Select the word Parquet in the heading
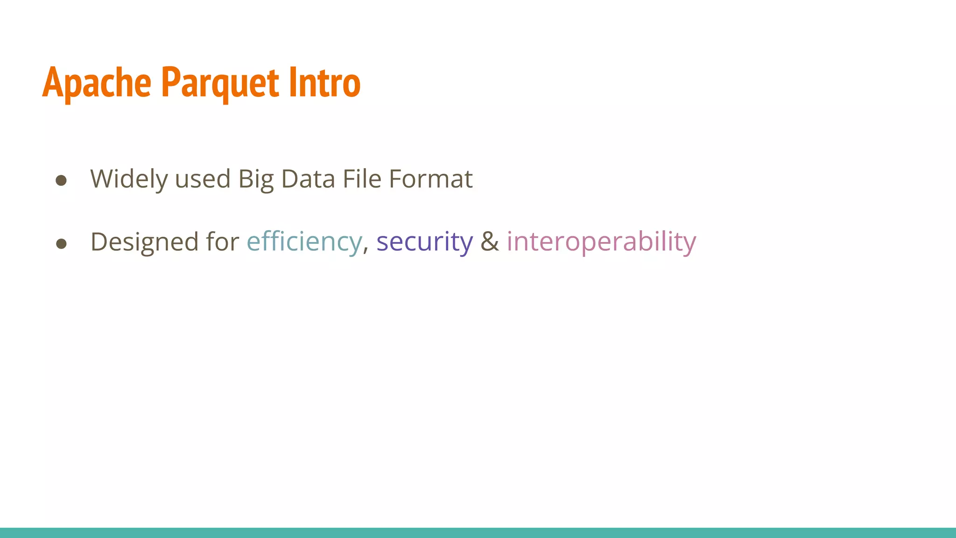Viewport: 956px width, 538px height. click(220, 83)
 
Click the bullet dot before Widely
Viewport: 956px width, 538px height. click(61, 180)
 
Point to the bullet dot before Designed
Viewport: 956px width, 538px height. click(61, 243)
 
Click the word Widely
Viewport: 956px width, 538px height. click(129, 179)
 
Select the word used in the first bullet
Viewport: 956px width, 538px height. click(203, 179)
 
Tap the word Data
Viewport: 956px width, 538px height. click(308, 179)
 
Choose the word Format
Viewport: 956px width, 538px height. click(430, 179)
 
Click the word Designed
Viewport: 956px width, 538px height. click(144, 242)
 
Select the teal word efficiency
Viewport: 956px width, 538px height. click(304, 242)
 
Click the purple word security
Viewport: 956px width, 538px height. click(424, 242)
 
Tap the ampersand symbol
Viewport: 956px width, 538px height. click(490, 242)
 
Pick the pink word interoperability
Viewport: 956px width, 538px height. click(601, 242)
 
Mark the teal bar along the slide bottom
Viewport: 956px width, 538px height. click(478, 533)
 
